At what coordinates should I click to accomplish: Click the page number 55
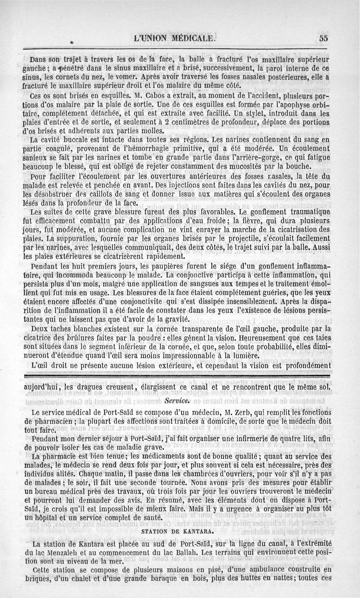coord(323,38)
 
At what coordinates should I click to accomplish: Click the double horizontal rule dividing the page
coord(180,375)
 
